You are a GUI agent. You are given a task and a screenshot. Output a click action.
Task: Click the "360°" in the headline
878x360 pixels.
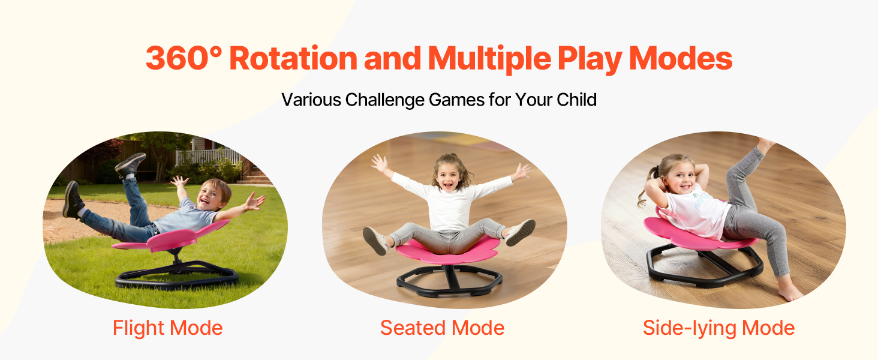184,58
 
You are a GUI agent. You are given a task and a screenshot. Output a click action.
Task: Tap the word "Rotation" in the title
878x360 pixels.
293,58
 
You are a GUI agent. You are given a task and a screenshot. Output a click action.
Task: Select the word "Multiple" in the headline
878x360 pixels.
489,59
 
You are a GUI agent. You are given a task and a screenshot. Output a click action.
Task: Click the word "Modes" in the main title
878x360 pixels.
681,58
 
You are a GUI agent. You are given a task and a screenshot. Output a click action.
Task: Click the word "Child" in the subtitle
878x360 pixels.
576,100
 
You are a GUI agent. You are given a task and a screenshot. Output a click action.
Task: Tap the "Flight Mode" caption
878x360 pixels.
168,328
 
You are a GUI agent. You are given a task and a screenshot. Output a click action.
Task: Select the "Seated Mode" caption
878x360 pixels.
442,328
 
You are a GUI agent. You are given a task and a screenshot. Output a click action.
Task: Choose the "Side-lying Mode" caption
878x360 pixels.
718,328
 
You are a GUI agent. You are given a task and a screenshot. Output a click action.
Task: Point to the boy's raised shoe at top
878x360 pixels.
131,164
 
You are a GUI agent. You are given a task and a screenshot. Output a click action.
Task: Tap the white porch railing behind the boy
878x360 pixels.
208,157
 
